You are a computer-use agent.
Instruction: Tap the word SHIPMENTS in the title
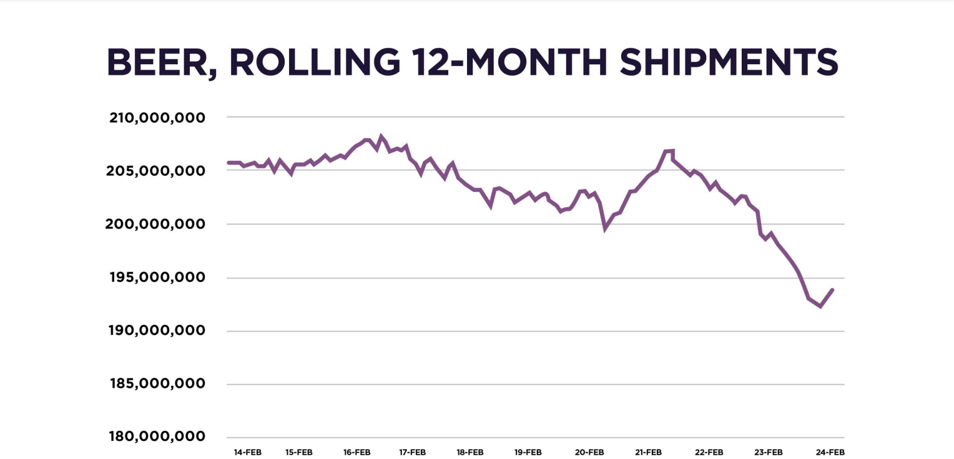tap(729, 62)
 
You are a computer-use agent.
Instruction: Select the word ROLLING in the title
tap(315, 62)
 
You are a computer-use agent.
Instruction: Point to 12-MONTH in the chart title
tap(509, 62)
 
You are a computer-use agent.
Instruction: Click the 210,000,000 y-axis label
tap(157, 118)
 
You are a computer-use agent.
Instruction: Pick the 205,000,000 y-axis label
tap(155, 171)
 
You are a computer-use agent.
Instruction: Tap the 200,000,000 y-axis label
tap(155, 224)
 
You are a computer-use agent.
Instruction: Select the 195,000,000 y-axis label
tap(157, 278)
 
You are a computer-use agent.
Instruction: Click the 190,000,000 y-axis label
tap(157, 331)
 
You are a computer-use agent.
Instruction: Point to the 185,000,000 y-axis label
tap(157, 384)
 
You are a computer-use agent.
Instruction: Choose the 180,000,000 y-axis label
tap(157, 437)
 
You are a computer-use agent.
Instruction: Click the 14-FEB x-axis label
tap(248, 452)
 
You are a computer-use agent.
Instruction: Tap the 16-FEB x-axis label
tap(357, 452)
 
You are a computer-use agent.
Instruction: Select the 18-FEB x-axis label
tap(470, 452)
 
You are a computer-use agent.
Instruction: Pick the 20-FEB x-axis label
tap(589, 452)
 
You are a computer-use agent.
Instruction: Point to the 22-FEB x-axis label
tap(709, 452)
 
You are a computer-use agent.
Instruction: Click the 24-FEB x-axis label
tap(830, 452)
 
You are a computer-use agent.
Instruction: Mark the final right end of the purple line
tap(832, 290)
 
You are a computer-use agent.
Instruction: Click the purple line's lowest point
tap(820, 306)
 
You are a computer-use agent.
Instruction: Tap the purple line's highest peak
tap(381, 136)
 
